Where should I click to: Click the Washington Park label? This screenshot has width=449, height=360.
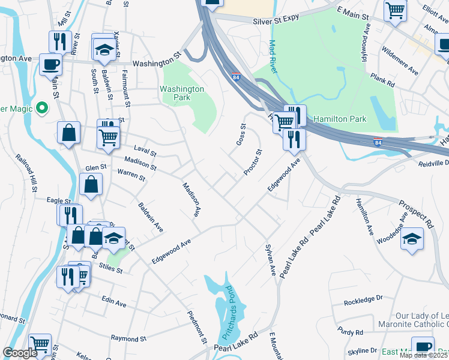point(182,94)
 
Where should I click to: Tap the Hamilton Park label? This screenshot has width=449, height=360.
point(339,119)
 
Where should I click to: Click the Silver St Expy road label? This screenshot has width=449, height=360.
point(275,20)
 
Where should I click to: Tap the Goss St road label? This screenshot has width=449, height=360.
point(241,134)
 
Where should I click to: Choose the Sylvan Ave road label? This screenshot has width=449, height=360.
point(270,260)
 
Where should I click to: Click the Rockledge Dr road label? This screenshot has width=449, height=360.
point(363,298)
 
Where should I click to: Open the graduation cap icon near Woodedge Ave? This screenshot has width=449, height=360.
point(412,238)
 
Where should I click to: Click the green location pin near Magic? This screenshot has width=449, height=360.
point(41,108)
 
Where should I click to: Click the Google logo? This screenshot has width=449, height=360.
point(20,353)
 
